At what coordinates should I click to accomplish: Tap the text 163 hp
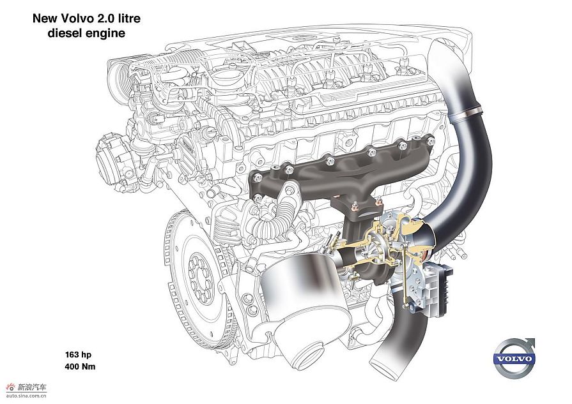click(79, 354)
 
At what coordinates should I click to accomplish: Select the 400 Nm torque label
click(80, 366)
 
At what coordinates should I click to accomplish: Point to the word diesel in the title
click(65, 33)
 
